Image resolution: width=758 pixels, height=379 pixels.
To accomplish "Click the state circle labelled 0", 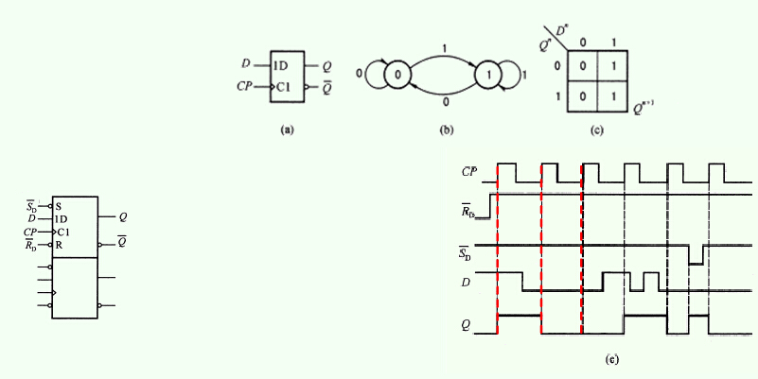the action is tap(397, 75).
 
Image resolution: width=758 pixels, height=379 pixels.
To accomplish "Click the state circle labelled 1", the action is tap(488, 75).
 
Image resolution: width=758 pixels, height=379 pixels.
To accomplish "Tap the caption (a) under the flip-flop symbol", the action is tap(287, 129).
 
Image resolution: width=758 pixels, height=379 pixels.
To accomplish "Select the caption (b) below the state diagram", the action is tap(447, 129).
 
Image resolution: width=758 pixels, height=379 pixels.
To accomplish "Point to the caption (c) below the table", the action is tap(597, 129).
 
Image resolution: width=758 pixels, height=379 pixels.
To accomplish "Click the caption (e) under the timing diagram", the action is tap(611, 359).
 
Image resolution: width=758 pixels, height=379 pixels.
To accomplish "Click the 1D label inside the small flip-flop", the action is tap(280, 66).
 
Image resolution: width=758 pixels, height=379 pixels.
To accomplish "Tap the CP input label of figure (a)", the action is tap(245, 86).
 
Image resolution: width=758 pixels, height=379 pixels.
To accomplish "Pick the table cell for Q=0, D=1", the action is tap(613, 65).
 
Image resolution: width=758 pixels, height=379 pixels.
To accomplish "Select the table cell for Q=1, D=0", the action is tap(583, 96).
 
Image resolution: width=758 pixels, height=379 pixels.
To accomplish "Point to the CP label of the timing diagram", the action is tap(469, 171).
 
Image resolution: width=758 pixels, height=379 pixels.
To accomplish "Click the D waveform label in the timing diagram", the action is tap(466, 283).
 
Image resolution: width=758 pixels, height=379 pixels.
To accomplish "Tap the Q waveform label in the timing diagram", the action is tap(465, 325).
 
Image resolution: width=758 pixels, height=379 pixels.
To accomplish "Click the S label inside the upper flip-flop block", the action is tap(59, 207).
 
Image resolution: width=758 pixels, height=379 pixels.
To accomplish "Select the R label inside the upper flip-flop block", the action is tap(59, 245).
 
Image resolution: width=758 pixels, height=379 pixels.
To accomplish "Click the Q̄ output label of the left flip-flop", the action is tap(122, 242).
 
